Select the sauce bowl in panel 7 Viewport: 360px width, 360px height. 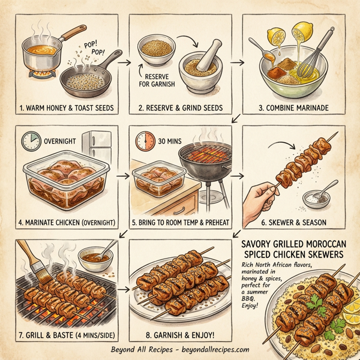coord(97,257)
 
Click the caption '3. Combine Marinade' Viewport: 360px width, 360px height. coord(294,109)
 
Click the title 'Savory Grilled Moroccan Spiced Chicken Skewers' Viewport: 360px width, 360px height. coord(294,250)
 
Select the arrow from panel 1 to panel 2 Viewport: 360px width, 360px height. coord(125,61)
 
